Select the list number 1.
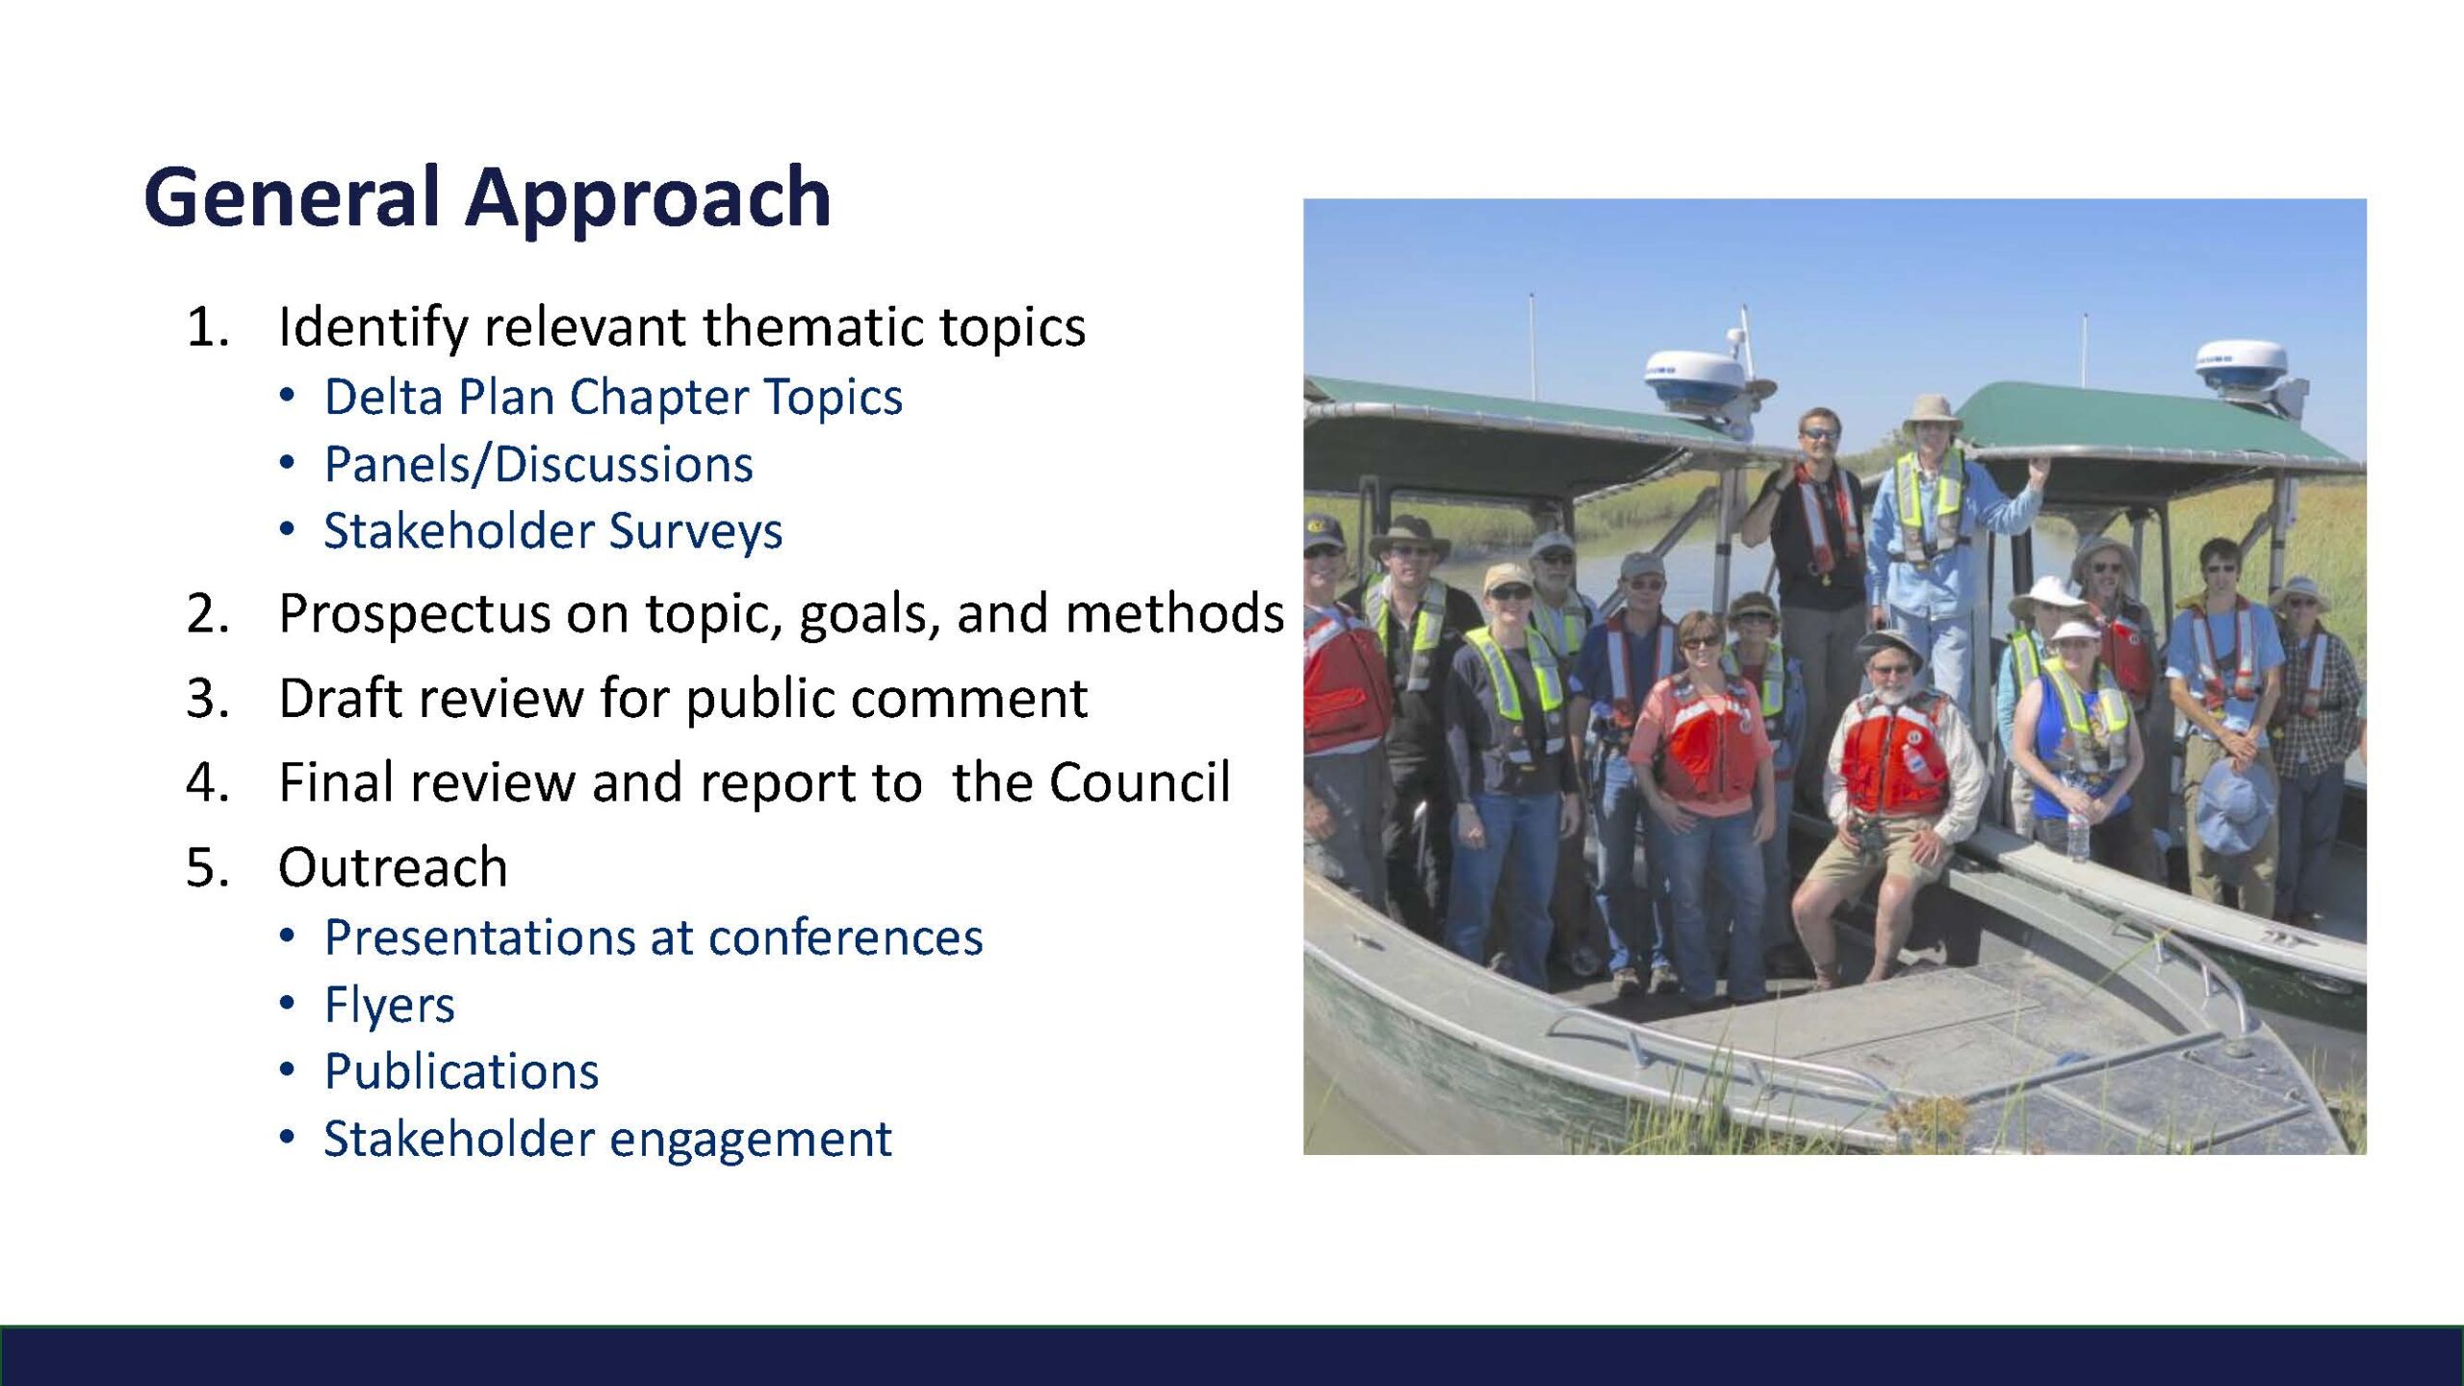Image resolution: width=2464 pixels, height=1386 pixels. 207,326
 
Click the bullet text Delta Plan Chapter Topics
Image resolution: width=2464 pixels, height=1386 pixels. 613,398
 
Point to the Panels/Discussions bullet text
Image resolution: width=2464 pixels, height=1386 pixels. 539,465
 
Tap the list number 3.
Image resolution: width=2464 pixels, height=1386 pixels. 207,698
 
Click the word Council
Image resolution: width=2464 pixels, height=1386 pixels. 1140,782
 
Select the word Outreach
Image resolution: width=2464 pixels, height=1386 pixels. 393,866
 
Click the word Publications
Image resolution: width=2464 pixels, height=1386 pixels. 461,1071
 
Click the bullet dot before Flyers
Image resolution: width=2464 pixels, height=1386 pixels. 287,1005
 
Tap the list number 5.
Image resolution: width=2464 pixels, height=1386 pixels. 207,866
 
